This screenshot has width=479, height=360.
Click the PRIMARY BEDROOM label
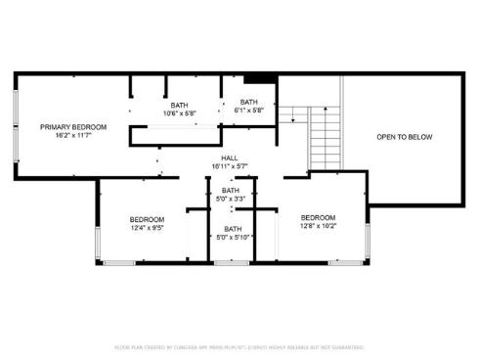(73, 127)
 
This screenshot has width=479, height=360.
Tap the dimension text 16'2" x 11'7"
(73, 136)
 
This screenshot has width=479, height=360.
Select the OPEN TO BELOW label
(404, 137)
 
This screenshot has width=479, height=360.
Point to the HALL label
(230, 157)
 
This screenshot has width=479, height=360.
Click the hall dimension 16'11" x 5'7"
(230, 166)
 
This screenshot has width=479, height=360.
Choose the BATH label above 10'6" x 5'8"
(180, 105)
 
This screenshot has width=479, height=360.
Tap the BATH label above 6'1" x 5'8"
(249, 102)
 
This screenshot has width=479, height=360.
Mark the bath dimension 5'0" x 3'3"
(231, 200)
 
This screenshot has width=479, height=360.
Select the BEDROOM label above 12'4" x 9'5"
(147, 219)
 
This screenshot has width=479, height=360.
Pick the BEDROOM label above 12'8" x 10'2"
(318, 217)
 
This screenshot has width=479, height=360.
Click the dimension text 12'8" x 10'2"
(318, 226)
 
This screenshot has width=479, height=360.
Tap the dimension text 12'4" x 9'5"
(147, 228)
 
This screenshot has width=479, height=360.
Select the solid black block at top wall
(257, 79)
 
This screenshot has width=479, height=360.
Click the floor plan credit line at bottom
(239, 347)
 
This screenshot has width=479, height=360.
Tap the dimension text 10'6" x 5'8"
(180, 113)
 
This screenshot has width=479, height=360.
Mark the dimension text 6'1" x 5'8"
(249, 111)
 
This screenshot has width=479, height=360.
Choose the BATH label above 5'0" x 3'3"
(231, 191)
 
